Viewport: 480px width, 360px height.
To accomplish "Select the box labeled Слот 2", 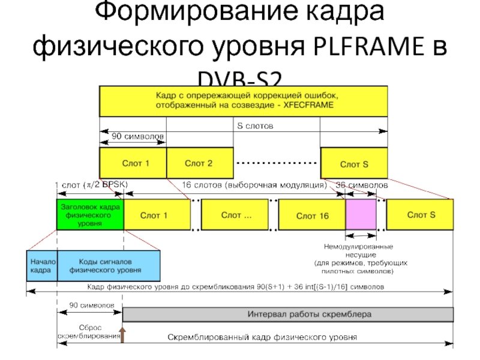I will pos(199,163).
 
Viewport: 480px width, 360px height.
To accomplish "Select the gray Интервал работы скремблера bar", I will pos(288,314).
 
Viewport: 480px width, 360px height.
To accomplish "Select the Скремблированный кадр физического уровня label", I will pos(261,337).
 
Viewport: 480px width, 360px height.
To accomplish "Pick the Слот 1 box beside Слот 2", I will pos(133,163).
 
